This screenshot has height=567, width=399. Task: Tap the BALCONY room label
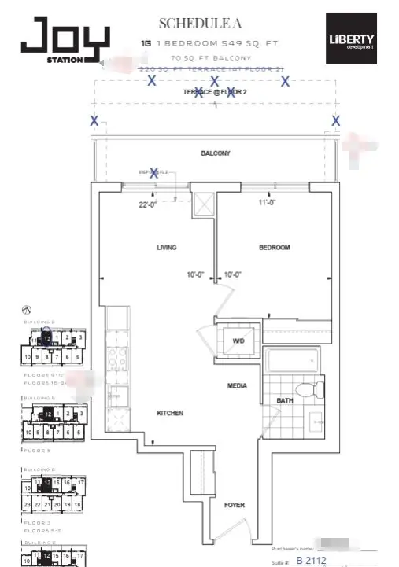(x=215, y=153)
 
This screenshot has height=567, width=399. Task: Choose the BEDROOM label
(x=274, y=247)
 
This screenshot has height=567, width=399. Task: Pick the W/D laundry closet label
(x=238, y=341)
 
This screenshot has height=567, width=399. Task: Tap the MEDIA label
(x=237, y=385)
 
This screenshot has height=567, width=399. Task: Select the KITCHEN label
(x=169, y=413)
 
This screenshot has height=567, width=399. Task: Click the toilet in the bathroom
(x=310, y=388)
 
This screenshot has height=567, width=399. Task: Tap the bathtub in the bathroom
(x=291, y=363)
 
